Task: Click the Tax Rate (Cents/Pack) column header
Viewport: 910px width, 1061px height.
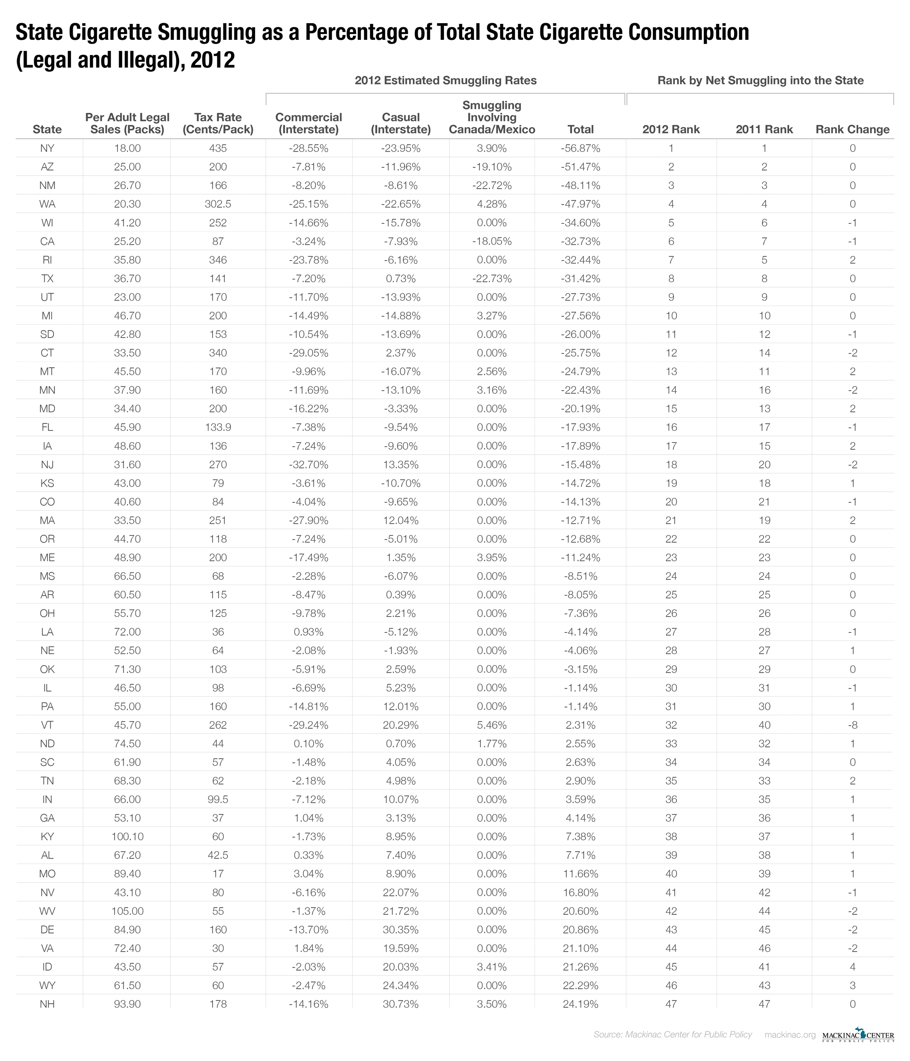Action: point(218,123)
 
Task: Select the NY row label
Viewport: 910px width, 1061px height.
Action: point(47,149)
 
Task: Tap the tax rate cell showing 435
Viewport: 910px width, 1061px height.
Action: point(218,149)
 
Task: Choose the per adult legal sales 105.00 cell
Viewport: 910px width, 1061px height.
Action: point(127,911)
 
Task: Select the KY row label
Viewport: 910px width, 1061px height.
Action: point(47,837)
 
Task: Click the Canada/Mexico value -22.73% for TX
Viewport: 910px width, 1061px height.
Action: point(492,279)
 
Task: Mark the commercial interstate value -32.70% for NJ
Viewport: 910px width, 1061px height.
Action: point(308,465)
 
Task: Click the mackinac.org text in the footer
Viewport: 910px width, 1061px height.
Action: point(790,1035)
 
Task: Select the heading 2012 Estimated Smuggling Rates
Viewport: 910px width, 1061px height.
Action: point(446,80)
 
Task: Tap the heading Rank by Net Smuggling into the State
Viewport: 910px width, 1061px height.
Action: point(761,80)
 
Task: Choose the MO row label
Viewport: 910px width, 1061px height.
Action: point(47,874)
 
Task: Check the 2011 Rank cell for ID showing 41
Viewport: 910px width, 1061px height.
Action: point(764,967)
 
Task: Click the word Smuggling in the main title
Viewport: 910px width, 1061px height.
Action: point(205,33)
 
